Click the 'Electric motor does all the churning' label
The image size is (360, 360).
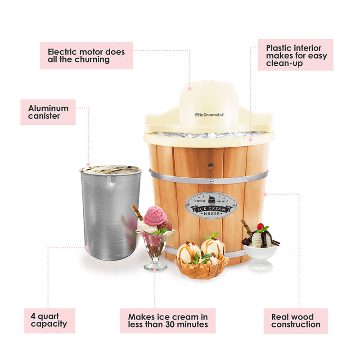(x=86, y=56)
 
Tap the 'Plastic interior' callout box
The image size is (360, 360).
(x=296, y=54)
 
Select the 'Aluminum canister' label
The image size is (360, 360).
(x=48, y=112)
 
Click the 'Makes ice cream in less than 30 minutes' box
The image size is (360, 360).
(x=167, y=320)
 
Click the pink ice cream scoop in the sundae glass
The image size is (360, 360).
(x=155, y=216)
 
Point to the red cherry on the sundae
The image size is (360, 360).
(x=260, y=226)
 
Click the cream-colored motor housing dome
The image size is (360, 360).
(x=208, y=101)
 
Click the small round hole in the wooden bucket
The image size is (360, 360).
(x=210, y=165)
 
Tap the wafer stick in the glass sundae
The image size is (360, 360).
(x=137, y=212)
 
